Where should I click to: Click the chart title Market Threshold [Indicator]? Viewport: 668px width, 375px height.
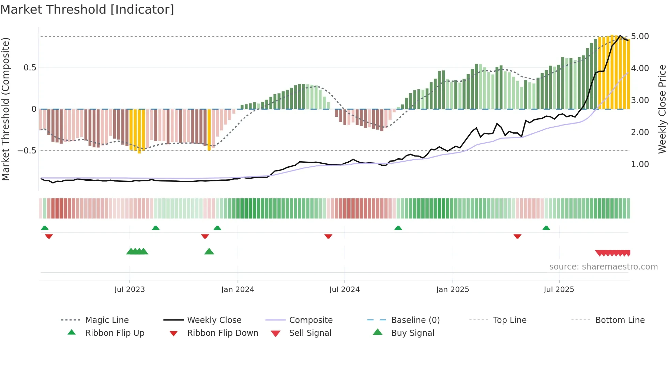coord(87,10)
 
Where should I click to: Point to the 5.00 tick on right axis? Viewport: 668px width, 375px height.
coord(640,36)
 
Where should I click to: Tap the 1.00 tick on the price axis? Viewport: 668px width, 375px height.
coord(640,164)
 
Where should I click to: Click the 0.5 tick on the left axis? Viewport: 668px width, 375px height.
coord(30,68)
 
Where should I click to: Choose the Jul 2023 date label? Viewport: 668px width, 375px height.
coord(130,290)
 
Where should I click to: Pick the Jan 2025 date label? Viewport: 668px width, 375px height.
coord(452,290)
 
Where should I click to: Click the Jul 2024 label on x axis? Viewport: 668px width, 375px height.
coord(344,290)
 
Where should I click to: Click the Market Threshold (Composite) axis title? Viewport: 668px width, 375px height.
coord(5,109)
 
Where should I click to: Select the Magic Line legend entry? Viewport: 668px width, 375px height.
coord(107,320)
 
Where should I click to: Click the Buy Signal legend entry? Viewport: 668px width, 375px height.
coord(412,333)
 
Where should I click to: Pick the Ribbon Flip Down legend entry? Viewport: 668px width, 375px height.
coord(222,333)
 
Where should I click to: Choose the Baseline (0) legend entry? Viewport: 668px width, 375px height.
coord(415,320)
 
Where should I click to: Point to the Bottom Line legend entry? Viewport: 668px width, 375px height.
coord(620,320)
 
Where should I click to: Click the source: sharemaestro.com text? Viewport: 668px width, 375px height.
coord(603,267)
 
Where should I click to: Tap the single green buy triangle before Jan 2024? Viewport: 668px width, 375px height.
coord(209,251)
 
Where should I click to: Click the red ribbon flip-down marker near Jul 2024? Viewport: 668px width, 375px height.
coord(328,236)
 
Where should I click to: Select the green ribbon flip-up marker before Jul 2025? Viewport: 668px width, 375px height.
coord(546,228)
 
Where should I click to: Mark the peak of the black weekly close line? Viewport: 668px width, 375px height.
coord(620,35)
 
